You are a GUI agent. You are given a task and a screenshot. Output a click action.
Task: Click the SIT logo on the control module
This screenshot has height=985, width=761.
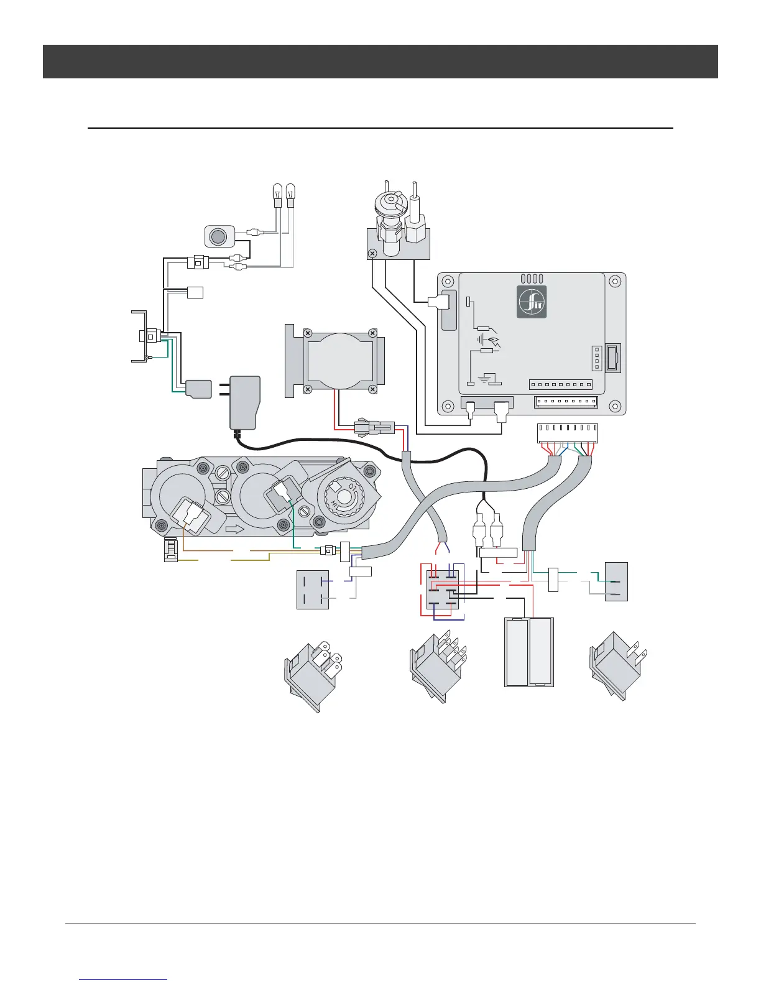tap(532, 302)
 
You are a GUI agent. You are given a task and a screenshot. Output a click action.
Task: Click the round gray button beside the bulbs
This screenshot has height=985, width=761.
tap(219, 237)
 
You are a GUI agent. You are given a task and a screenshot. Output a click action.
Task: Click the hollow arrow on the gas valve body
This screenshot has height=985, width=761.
tap(236, 529)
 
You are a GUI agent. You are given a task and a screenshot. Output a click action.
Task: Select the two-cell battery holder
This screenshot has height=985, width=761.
tap(528, 652)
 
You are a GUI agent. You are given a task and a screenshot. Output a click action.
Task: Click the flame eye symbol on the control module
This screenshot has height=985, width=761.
tap(494, 341)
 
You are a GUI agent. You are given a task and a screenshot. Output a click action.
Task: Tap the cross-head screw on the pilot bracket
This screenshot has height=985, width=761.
tap(372, 254)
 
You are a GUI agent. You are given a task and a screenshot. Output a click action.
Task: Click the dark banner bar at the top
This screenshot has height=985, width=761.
tap(380, 62)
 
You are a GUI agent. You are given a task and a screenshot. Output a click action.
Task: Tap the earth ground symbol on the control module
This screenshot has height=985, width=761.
tap(487, 377)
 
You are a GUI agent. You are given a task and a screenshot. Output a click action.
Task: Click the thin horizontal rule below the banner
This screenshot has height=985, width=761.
tap(380, 128)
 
